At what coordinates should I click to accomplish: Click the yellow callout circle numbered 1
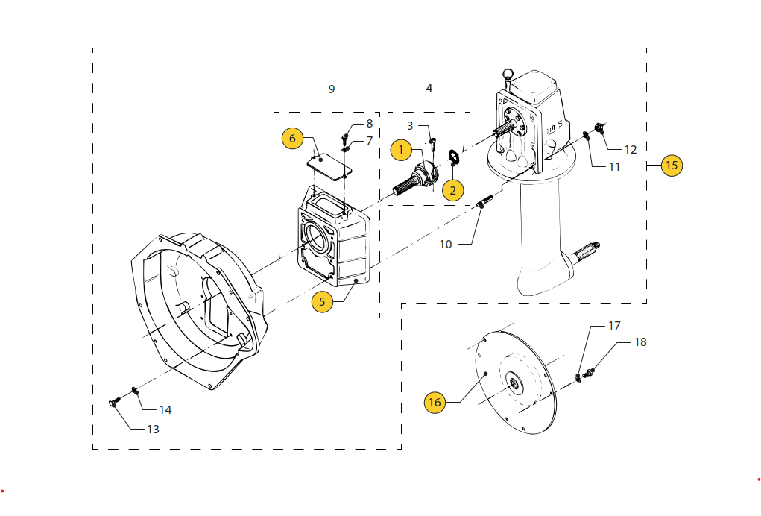(400, 150)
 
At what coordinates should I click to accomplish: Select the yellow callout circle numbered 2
(452, 189)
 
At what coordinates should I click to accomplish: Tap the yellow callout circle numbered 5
(322, 301)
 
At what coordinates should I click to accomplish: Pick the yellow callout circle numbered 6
(292, 138)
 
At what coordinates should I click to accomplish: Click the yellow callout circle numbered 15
(672, 165)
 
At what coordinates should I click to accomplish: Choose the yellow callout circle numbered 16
(435, 403)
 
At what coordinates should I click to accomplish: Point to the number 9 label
(332, 89)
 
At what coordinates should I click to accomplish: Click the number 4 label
(429, 89)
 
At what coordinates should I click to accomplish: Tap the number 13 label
(153, 429)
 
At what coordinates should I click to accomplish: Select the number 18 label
(640, 342)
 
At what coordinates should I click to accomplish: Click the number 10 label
(446, 244)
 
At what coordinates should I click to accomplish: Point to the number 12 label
(631, 149)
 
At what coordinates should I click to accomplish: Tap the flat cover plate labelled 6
(330, 164)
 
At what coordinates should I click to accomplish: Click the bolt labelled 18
(590, 370)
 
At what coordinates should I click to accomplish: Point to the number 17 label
(614, 326)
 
